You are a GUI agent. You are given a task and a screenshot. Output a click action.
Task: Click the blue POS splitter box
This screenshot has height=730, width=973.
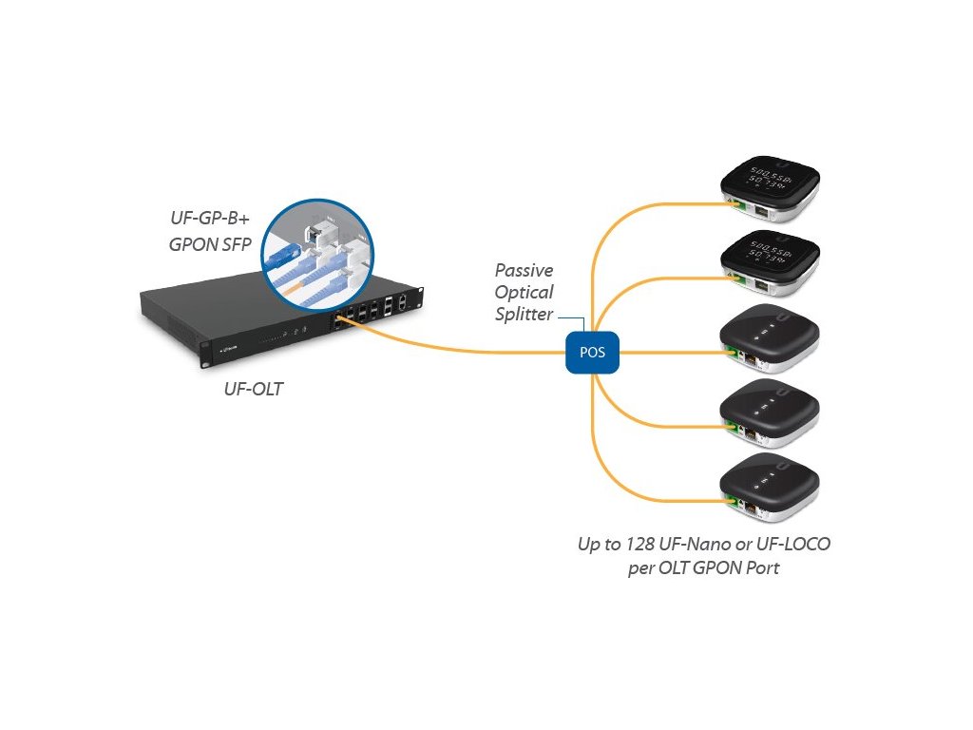592,352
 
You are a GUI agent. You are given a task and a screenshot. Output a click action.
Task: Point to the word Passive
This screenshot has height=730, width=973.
524,271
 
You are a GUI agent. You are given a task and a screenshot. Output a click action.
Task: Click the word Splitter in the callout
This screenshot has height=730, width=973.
524,314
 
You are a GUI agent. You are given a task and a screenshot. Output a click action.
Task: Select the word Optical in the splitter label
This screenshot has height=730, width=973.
524,292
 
